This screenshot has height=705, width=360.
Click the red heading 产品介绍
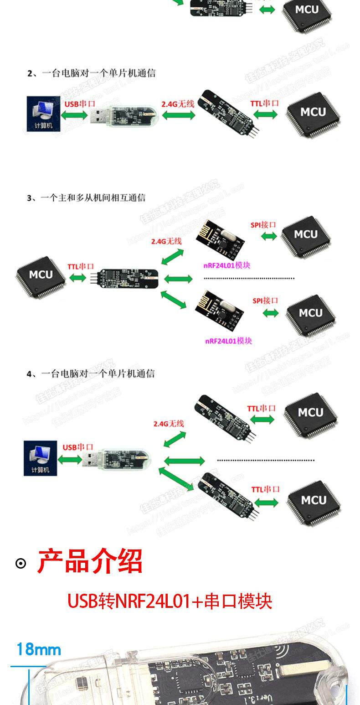click(90, 561)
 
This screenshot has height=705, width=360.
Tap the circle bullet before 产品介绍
click(21, 564)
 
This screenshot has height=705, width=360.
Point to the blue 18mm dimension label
click(39, 649)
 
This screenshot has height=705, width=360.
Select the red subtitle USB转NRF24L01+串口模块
click(170, 601)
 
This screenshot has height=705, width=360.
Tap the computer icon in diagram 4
click(41, 458)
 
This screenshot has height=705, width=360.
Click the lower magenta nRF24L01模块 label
click(228, 341)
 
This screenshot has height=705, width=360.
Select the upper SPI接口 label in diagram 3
click(263, 225)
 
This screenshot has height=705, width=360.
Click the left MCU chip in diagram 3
click(41, 275)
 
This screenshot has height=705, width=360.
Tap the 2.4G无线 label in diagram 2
click(178, 104)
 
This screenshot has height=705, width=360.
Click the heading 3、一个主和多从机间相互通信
click(86, 197)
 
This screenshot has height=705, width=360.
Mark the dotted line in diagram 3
click(249, 278)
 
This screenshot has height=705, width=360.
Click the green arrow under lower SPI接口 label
click(271, 313)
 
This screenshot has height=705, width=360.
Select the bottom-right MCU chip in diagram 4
click(314, 501)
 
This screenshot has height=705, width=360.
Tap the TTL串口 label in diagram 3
click(81, 266)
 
